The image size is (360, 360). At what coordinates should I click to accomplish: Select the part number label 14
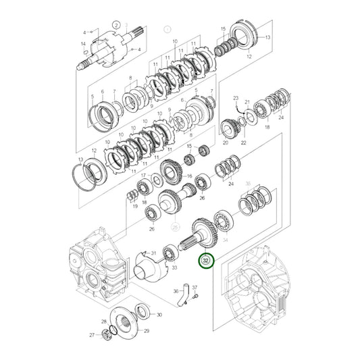[x=83, y=44]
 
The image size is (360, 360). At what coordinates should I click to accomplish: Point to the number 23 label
[x=236, y=99]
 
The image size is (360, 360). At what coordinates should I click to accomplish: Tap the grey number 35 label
[x=248, y=183]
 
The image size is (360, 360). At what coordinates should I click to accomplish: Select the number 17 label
[x=143, y=176]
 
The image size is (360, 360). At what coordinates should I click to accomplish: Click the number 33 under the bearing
[x=174, y=268]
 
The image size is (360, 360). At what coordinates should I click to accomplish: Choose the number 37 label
[x=195, y=288]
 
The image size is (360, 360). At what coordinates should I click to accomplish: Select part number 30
[x=159, y=315]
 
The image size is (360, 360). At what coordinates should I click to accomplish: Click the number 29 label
[x=147, y=330]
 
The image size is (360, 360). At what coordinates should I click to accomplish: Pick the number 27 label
[x=93, y=334]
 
